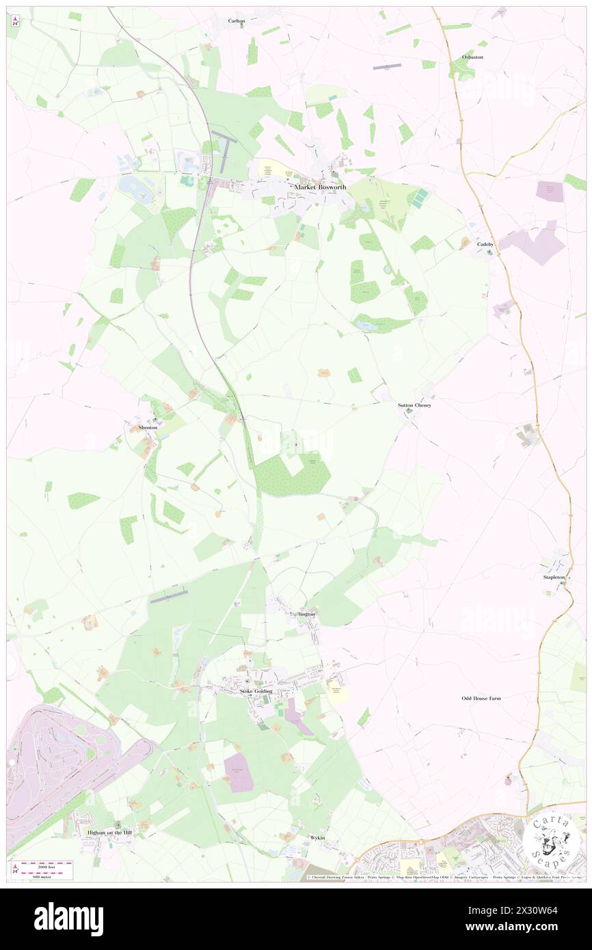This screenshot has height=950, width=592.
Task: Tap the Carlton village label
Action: tap(237, 21)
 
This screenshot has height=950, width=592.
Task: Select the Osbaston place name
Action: tap(472, 57)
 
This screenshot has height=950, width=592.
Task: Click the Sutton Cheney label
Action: tap(414, 405)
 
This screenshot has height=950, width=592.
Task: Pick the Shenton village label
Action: tap(148, 427)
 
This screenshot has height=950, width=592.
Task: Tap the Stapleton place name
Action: tap(554, 578)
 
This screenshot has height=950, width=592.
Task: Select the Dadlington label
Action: tap(301, 614)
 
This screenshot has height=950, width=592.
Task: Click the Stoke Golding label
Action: tap(256, 692)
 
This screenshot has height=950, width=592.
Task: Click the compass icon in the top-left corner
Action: tap(15, 22)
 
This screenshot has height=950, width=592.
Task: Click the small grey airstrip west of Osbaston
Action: tap(386, 67)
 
